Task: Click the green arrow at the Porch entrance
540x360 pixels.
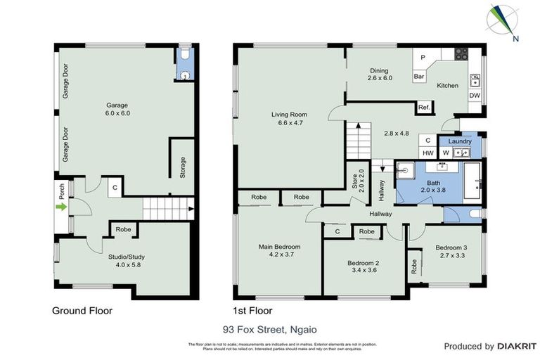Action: [61, 207]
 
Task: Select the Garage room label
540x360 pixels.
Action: [117, 109]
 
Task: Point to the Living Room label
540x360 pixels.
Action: [290, 118]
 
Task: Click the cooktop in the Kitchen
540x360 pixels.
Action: [462, 53]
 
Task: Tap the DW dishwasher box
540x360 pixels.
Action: [475, 96]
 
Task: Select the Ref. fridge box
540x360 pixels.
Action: [424, 108]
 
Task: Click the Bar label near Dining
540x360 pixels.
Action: [419, 76]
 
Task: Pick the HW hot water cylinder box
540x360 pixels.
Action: [427, 153]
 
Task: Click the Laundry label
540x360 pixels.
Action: [459, 141]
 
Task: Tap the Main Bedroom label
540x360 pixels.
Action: [279, 250]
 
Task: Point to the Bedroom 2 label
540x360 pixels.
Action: [364, 267]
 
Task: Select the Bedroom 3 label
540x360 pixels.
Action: [451, 252]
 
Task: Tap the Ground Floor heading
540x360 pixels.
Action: [82, 310]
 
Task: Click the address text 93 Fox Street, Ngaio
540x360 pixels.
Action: [269, 328]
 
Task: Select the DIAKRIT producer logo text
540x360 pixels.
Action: [517, 346]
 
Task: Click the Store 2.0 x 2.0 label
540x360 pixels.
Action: [356, 181]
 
